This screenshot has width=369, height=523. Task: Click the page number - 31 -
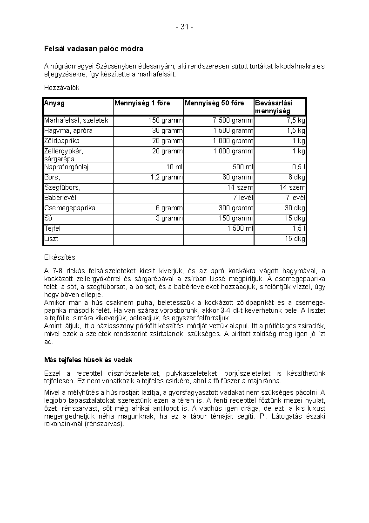[184, 27]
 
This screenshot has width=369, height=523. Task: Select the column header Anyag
[54, 103]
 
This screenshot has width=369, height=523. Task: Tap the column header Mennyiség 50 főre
[215, 103]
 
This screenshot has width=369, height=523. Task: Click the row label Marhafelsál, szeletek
[76, 120]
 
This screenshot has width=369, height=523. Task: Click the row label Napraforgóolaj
[67, 167]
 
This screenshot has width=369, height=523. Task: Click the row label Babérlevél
[60, 198]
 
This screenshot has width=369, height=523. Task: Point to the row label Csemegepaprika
[70, 208]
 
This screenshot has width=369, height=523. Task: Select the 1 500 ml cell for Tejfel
[241, 228]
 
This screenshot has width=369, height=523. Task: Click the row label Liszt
[51, 239]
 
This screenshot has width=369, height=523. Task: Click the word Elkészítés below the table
[60, 257]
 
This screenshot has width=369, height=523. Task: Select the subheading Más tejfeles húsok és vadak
[88, 360]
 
